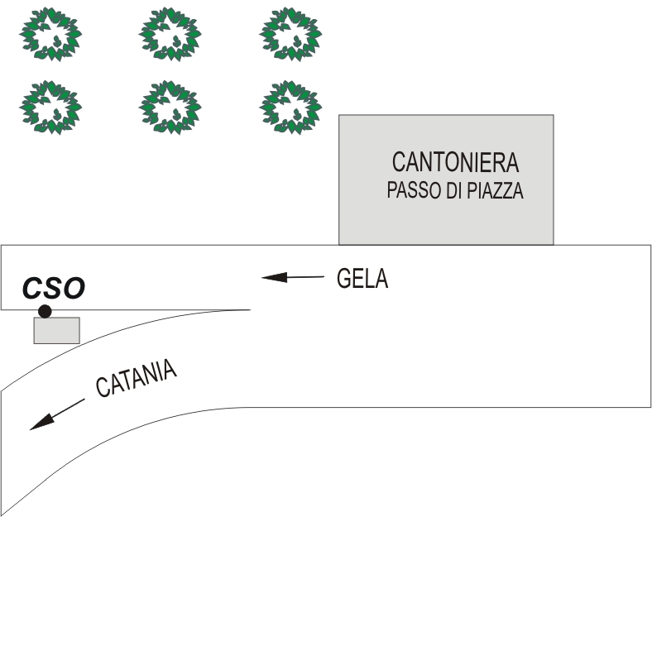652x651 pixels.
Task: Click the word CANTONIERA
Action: (x=455, y=161)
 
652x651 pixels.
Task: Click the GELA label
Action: (x=362, y=279)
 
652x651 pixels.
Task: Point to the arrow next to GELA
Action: (x=292, y=277)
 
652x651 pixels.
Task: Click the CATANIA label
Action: (x=137, y=378)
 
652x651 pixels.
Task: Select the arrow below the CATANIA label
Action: (x=57, y=414)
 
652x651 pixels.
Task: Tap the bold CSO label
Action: (x=54, y=289)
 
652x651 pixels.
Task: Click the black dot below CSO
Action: (x=45, y=311)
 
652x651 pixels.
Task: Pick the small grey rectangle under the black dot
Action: (x=56, y=330)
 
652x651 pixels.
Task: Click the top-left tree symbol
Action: (x=50, y=34)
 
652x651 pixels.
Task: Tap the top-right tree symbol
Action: (x=290, y=34)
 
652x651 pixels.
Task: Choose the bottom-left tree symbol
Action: (x=50, y=106)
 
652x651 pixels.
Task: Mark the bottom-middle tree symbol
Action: (x=170, y=106)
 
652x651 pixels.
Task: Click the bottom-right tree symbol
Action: (x=290, y=106)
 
